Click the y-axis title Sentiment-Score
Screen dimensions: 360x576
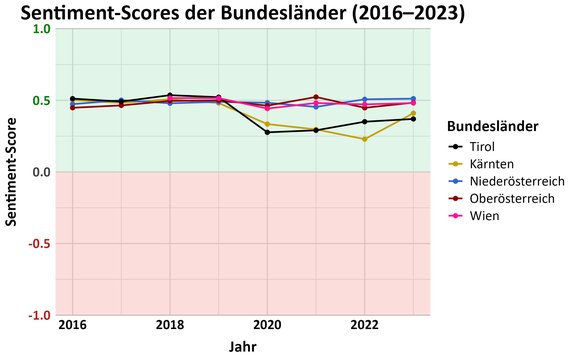click(x=12, y=172)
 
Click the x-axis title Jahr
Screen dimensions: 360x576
click(x=243, y=347)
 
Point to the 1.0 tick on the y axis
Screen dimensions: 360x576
click(x=42, y=29)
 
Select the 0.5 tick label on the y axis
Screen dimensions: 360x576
click(x=42, y=100)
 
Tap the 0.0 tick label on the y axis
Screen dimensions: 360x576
click(x=42, y=172)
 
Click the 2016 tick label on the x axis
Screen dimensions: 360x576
click(x=72, y=325)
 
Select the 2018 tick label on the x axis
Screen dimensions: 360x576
click(x=170, y=325)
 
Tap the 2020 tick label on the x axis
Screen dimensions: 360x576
click(x=267, y=325)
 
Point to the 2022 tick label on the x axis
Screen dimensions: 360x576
click(x=364, y=325)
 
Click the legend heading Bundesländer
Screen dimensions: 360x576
click(x=493, y=127)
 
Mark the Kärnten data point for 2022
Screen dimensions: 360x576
click(x=364, y=139)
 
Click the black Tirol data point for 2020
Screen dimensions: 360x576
click(x=267, y=132)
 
